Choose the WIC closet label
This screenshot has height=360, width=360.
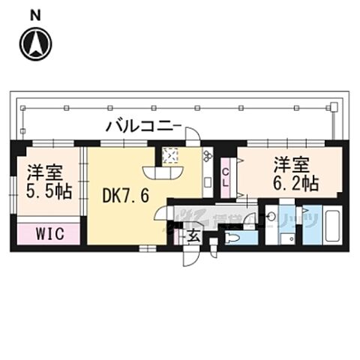(47, 233)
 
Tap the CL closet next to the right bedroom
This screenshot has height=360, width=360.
(226, 178)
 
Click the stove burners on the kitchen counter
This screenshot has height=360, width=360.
(207, 157)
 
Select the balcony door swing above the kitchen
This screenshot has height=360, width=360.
(192, 136)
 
